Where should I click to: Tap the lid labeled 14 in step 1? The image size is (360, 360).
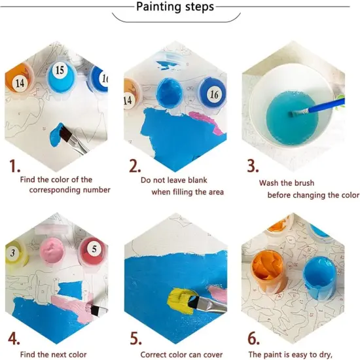pyautogui.click(x=19, y=82)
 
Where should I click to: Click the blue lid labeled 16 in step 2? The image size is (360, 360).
pyautogui.click(x=213, y=94)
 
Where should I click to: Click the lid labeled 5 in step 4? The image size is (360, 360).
pyautogui.click(x=93, y=249)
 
